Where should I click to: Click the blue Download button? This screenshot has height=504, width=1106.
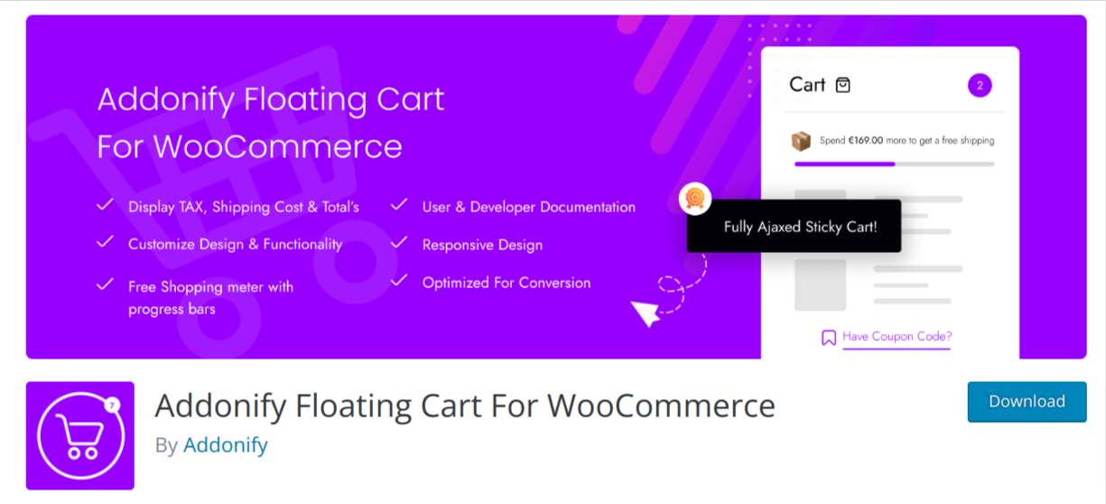[x=1027, y=401]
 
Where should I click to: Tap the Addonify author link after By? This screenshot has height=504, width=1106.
[x=226, y=444]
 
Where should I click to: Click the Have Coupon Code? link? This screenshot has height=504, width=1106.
[x=897, y=337]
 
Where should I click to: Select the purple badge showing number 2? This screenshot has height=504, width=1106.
[x=980, y=85]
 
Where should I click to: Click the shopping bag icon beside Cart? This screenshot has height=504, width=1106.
[x=843, y=85]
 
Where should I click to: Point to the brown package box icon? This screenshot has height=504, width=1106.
[x=801, y=141]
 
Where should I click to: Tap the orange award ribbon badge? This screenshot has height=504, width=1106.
[x=694, y=199]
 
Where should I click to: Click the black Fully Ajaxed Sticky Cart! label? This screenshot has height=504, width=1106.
[x=794, y=227]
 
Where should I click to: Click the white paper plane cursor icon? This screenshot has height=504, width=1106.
[x=646, y=313]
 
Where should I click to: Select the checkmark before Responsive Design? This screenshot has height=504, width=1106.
[x=399, y=243]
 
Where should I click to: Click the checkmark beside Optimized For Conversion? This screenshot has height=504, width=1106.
[x=399, y=280]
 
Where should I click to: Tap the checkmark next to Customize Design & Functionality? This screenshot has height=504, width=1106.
[x=105, y=242]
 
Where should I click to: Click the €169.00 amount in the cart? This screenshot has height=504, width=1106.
[x=866, y=140]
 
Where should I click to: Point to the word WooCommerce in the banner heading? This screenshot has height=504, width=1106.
[x=278, y=146]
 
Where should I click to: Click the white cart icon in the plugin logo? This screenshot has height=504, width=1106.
[x=80, y=436]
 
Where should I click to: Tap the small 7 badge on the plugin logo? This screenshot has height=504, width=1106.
[x=112, y=406]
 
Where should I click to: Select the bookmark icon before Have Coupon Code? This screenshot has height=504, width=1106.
[x=829, y=338]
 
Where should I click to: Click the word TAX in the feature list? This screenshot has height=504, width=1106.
[x=191, y=207]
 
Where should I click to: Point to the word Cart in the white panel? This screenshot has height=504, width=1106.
[x=807, y=85]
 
